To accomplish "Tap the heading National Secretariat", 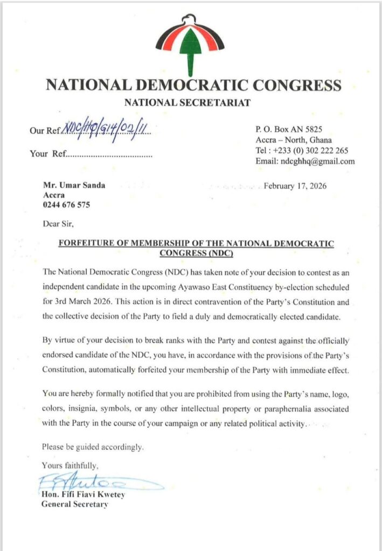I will [x=187, y=103].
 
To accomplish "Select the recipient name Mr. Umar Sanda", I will [x=74, y=186].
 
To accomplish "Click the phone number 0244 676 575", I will [x=66, y=205].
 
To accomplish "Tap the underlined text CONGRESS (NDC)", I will [x=196, y=253].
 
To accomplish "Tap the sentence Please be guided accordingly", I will [x=93, y=447].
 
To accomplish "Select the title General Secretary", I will [x=75, y=504].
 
